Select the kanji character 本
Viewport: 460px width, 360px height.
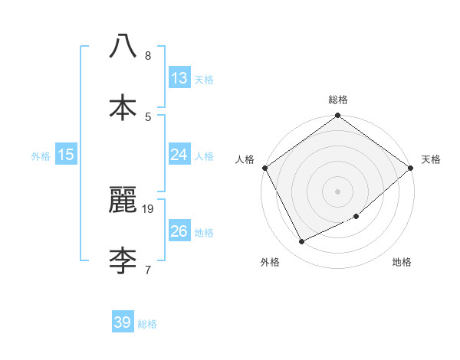(123, 107)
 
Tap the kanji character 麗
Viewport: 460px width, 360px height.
(123, 200)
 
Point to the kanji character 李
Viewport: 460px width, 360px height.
(123, 260)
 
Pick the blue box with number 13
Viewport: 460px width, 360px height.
(179, 77)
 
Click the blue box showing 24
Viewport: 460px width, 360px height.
(179, 154)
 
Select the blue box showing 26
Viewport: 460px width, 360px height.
(179, 231)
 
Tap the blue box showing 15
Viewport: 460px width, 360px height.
(66, 155)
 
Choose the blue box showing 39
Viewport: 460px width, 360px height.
(123, 322)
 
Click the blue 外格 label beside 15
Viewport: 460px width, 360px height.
(41, 155)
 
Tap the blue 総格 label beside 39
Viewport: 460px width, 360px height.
(147, 324)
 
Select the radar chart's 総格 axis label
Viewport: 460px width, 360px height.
(338, 100)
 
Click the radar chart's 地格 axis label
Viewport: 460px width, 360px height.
(402, 263)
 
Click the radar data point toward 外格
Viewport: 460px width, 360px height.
(302, 242)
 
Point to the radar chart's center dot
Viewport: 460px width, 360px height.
(338, 191)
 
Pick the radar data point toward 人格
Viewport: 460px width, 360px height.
(265, 168)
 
